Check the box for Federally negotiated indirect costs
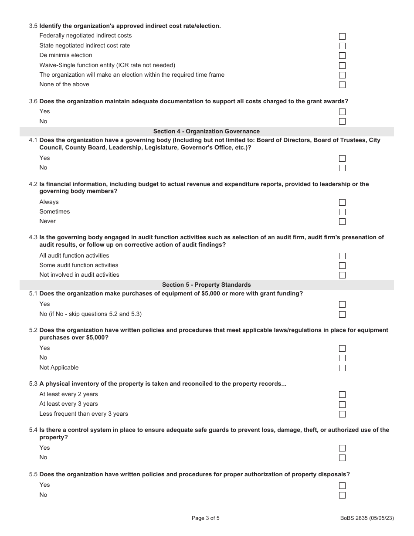coord(342,36)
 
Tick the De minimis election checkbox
coord(342,56)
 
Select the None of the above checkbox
coord(342,85)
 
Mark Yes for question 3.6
coord(342,112)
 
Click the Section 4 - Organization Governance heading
coord(206,131)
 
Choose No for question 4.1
coord(342,168)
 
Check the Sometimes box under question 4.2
coord(342,212)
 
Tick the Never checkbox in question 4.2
coord(342,222)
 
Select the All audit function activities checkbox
coord(342,256)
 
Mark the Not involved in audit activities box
coord(342,275)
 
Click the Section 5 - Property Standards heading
coord(206,285)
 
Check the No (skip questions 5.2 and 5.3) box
coord(342,315)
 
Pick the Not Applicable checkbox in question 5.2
coord(342,368)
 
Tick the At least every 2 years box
coord(342,395)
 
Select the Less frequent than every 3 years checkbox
coord(342,414)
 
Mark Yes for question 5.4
coord(342,448)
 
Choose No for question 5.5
coord(342,495)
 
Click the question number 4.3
coord(33,237)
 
